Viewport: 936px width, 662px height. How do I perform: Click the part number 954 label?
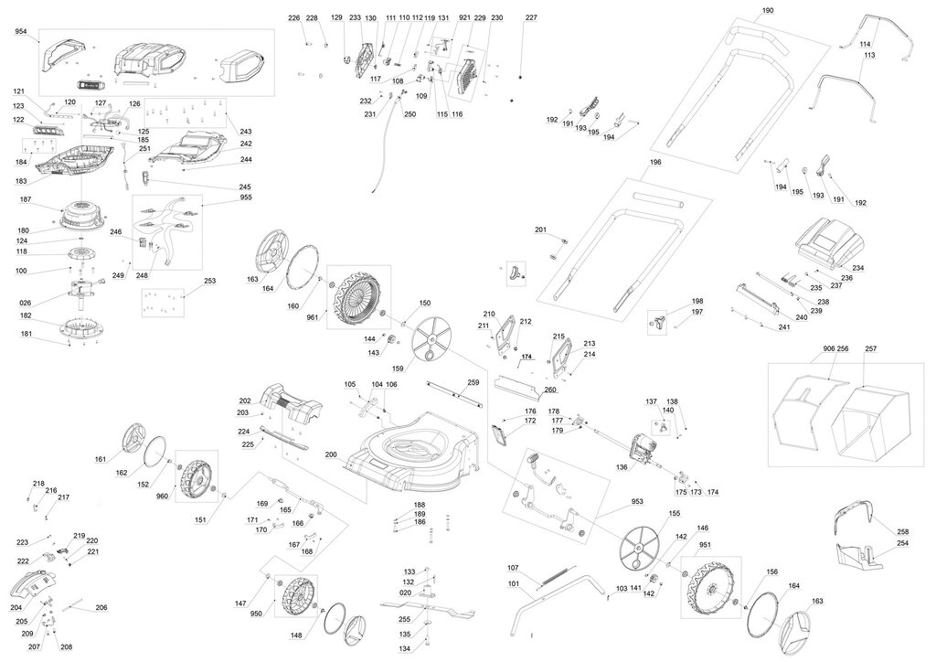pyautogui.click(x=21, y=32)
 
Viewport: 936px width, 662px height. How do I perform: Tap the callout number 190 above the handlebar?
pyautogui.click(x=767, y=10)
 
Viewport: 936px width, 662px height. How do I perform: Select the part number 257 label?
pyautogui.click(x=870, y=349)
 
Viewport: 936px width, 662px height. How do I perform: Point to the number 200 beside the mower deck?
pyautogui.click(x=331, y=454)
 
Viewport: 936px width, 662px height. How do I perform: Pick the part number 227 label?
pyautogui.click(x=531, y=18)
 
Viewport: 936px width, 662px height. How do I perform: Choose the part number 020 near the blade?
pyautogui.click(x=406, y=593)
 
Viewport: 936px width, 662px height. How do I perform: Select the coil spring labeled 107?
pyautogui.click(x=551, y=577)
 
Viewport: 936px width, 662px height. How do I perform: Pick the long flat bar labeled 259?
pyautogui.click(x=457, y=391)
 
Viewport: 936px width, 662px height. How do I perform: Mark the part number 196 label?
pyautogui.click(x=654, y=163)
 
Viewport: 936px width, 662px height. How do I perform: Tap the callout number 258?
pyautogui.click(x=902, y=530)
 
